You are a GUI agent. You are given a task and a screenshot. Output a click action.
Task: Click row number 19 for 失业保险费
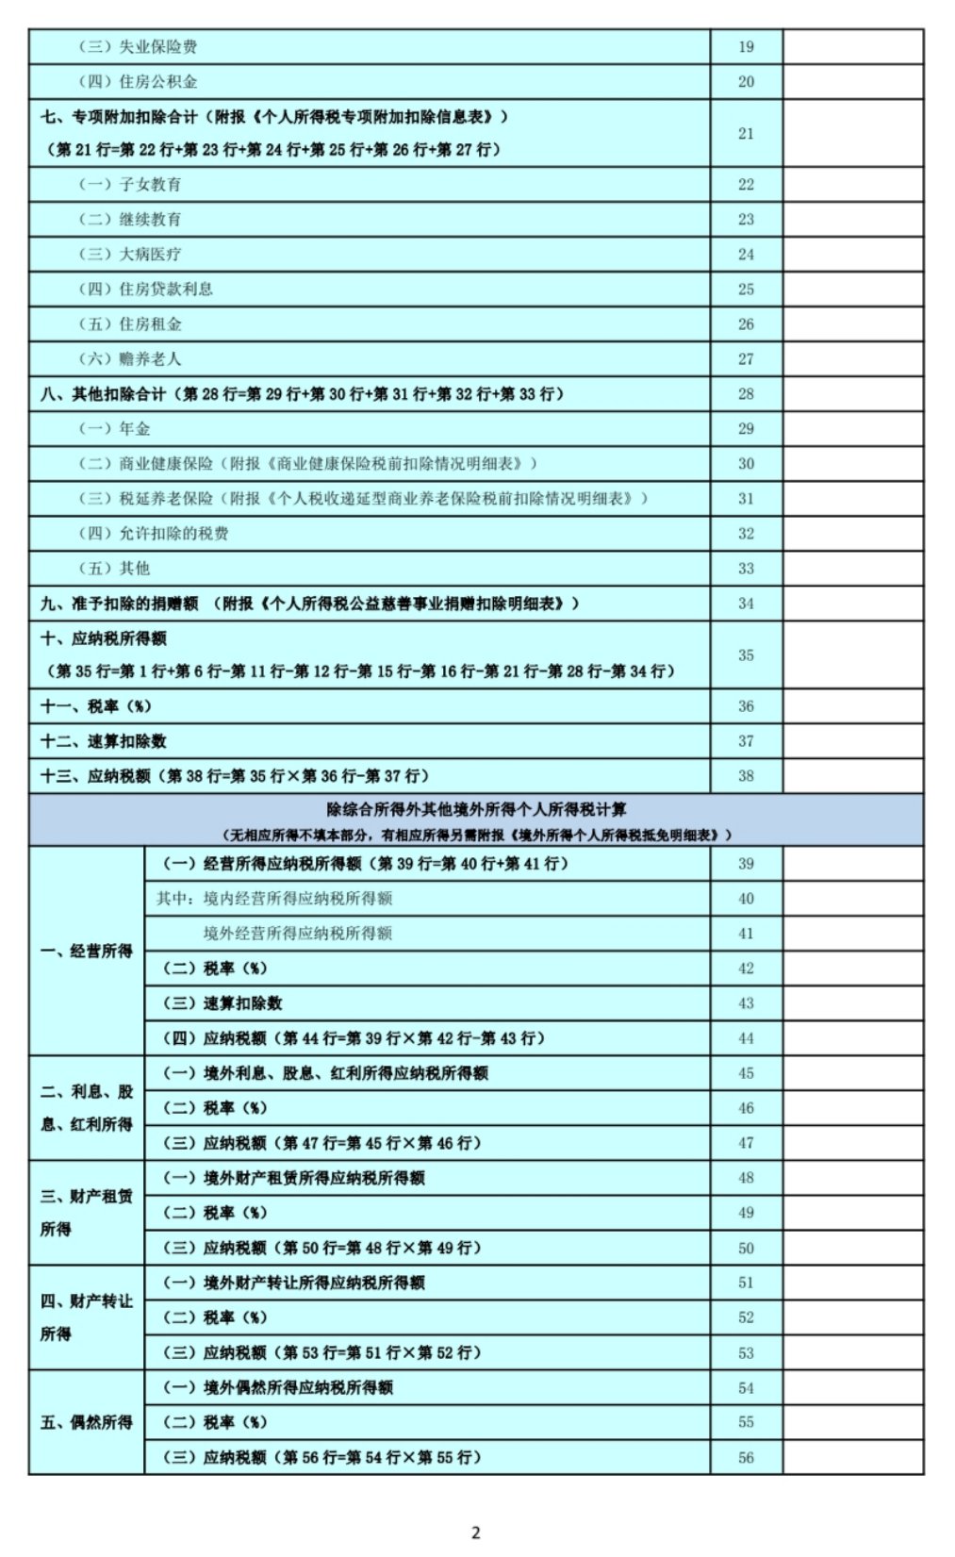coord(746,47)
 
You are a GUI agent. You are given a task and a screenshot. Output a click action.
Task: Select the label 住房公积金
coord(157,82)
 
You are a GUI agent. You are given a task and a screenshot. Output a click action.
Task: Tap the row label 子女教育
coord(149,185)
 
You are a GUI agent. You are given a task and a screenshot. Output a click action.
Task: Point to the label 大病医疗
coord(149,255)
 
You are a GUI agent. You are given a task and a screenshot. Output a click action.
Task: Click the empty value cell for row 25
coord(852,290)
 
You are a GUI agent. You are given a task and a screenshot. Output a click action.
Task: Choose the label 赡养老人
coord(149,359)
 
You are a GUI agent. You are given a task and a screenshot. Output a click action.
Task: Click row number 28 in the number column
coord(746,394)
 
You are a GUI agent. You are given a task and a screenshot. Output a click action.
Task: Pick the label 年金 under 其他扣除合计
coord(134,429)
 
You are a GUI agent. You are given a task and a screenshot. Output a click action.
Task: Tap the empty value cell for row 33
coord(852,569)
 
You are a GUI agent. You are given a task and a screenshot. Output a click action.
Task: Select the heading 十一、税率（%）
coord(96,706)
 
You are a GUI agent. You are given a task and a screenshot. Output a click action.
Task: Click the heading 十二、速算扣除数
coord(104,741)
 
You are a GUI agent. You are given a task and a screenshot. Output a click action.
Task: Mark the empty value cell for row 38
coord(852,776)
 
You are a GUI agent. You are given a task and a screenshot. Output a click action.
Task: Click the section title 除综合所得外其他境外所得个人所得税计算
coord(476,810)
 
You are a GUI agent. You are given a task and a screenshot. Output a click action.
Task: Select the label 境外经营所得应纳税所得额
coord(298,934)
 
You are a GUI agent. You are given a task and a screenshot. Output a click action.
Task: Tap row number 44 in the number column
coord(746,1038)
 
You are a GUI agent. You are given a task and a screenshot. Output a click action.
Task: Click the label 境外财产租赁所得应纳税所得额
coord(313,1178)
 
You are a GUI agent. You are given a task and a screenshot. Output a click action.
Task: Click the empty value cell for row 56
coord(852,1457)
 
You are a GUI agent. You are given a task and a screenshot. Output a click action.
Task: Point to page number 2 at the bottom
coord(476,1532)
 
